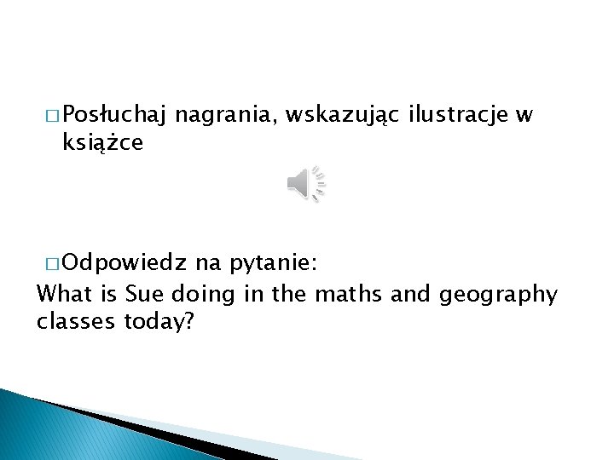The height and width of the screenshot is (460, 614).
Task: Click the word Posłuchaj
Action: (113, 115)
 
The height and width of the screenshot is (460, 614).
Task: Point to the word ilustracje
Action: (459, 113)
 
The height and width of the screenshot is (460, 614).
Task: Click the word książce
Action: (102, 143)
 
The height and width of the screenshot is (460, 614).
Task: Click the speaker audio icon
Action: (306, 183)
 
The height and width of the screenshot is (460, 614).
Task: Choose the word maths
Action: (348, 295)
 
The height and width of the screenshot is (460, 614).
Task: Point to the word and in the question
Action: (410, 295)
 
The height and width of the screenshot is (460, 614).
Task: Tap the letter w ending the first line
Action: (524, 115)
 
